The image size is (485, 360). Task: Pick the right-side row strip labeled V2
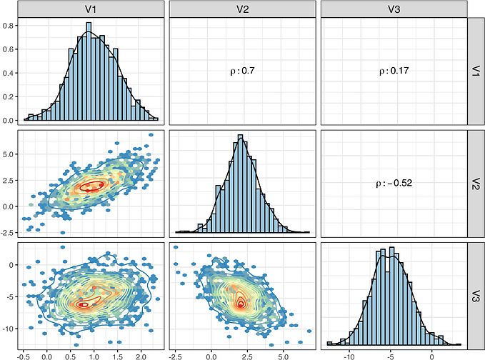click(x=476, y=182)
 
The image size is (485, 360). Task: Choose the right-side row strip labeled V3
click(x=476, y=294)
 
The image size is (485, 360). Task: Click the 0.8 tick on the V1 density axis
click(x=10, y=25)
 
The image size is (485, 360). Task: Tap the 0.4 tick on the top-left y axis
click(x=10, y=73)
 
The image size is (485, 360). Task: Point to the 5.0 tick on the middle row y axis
click(x=10, y=154)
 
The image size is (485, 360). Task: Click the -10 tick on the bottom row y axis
click(x=9, y=329)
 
